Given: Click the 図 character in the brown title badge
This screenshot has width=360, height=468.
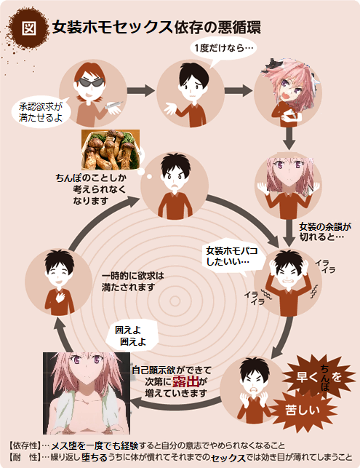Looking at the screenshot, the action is pyautogui.click(x=29, y=28).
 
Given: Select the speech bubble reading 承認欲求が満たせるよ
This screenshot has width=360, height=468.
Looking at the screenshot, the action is pyautogui.click(x=41, y=111).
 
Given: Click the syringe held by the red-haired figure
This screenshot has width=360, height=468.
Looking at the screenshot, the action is pyautogui.click(x=114, y=105).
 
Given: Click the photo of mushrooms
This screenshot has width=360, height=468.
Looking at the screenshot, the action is pyautogui.click(x=111, y=149).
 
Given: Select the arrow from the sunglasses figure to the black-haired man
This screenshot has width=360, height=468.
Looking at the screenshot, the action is pyautogui.click(x=140, y=90).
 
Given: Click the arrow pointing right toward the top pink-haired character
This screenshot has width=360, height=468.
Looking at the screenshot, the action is pyautogui.click(x=238, y=90).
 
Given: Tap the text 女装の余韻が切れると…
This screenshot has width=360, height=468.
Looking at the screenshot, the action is pyautogui.click(x=325, y=231).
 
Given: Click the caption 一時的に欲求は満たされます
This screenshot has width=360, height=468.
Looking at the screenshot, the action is pyautogui.click(x=132, y=282).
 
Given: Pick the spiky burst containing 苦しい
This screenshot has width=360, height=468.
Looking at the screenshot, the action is pyautogui.click(x=303, y=411).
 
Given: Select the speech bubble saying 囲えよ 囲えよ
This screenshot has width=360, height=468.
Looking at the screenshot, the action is pyautogui.click(x=132, y=336).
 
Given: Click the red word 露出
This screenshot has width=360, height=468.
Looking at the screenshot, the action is pyautogui.click(x=185, y=381).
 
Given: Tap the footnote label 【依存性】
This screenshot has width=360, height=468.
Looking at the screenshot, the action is pyautogui.click(x=24, y=445).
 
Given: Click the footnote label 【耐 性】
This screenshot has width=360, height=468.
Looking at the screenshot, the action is pyautogui.click(x=24, y=457).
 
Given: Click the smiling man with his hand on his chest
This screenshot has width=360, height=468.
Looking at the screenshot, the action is pyautogui.click(x=59, y=282).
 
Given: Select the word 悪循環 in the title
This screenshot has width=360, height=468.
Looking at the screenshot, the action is pyautogui.click(x=239, y=28).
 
